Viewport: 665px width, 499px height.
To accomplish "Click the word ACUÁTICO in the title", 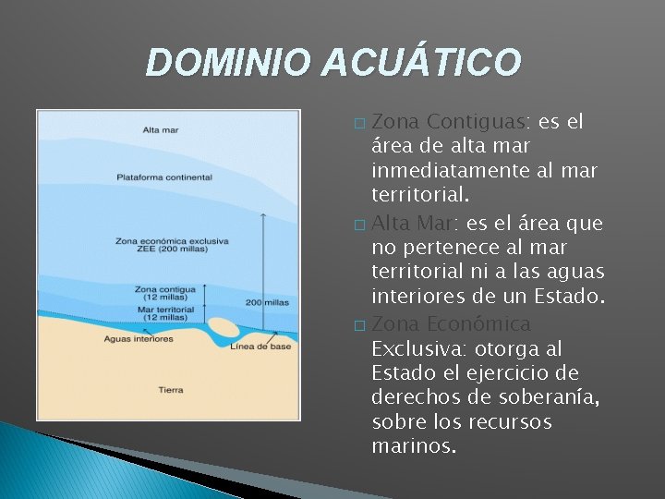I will [422, 64].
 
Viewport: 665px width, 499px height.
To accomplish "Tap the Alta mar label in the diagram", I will [161, 129].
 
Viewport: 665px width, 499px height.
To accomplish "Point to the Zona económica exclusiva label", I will [172, 245].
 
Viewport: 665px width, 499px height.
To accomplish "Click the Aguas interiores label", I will [139, 339].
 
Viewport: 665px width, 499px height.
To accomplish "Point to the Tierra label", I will [170, 390].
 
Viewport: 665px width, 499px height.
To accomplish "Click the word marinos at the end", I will [413, 446].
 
